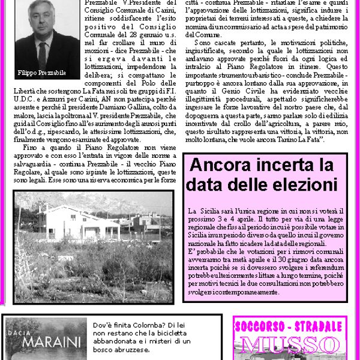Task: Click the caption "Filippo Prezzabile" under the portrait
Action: (41, 73)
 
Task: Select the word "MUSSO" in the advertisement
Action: (286, 345)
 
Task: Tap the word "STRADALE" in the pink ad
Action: (316, 328)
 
